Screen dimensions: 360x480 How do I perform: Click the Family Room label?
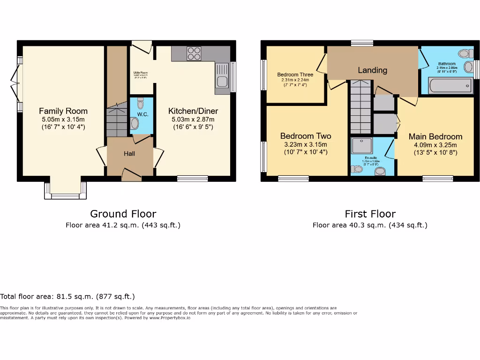pos(63,111)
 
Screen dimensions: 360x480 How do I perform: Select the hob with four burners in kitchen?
pos(194,54)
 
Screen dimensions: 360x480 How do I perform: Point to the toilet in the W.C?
pos(135,123)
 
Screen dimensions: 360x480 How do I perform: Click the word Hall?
pos(129,153)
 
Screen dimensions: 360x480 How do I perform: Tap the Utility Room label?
pos(141,73)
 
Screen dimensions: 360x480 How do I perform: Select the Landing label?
pos(372,70)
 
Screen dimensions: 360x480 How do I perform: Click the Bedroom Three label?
pos(295,75)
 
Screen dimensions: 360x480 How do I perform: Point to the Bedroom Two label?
pos(305,136)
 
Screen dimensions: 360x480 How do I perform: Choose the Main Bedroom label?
pos(435,136)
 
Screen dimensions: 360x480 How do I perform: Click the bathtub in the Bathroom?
pos(450,86)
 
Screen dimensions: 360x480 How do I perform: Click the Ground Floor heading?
pos(123,214)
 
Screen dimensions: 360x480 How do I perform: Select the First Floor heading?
pos(370,214)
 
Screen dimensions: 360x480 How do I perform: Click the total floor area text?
pos(67,296)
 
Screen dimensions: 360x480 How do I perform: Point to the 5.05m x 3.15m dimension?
pos(63,120)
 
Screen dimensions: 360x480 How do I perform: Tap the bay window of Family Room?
pos(65,192)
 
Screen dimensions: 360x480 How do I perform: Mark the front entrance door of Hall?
pos(131,175)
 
